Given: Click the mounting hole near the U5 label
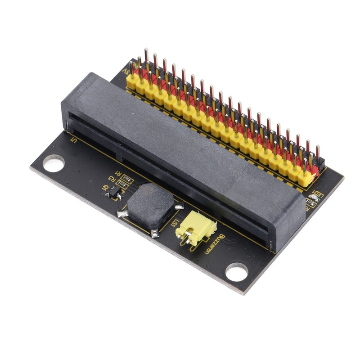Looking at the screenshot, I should click(x=53, y=163).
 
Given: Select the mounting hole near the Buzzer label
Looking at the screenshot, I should click(x=236, y=272).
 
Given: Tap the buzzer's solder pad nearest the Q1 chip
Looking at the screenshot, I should click(x=121, y=214).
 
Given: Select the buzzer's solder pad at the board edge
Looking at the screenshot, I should click(x=154, y=233).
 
